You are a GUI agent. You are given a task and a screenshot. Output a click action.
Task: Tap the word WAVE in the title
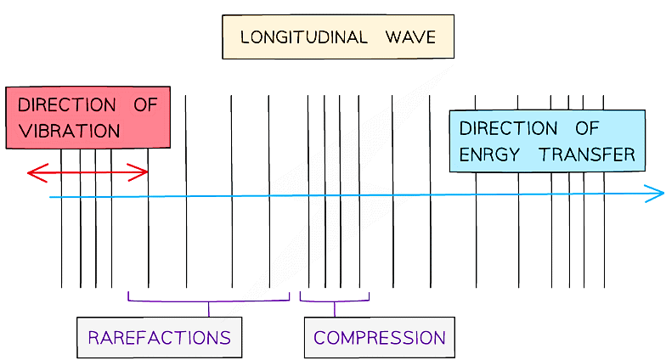click(409, 37)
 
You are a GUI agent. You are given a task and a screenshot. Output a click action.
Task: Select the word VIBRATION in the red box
click(69, 132)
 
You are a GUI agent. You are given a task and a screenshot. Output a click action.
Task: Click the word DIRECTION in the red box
click(67, 105)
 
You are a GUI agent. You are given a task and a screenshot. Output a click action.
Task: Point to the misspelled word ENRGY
click(493, 155)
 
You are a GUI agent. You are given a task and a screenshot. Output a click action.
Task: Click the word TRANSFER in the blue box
click(587, 155)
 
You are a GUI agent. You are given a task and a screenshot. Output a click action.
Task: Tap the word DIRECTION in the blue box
click(508, 129)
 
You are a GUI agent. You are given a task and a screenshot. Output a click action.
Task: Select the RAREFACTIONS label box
click(159, 337)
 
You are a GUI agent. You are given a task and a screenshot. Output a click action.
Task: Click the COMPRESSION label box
click(379, 337)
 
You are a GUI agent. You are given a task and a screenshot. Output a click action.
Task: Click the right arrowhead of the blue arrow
click(657, 194)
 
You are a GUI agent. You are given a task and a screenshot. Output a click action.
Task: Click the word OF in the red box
click(145, 105)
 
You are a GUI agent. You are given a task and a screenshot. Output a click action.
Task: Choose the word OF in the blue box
click(587, 129)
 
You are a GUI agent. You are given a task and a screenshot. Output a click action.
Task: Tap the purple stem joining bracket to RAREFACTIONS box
click(209, 309)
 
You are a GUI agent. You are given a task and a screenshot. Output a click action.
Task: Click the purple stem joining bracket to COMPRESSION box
click(335, 309)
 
